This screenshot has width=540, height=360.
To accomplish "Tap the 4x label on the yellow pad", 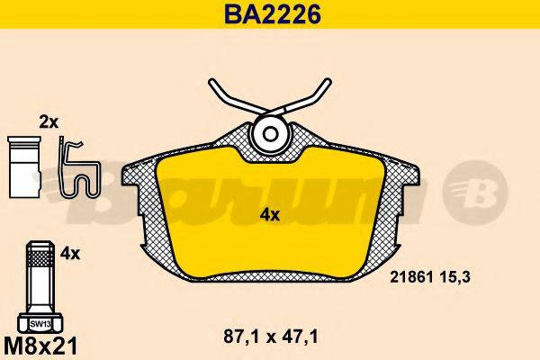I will [269, 214].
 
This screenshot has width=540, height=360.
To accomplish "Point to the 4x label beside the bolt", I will [69, 255].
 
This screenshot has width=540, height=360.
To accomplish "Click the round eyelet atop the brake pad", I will [267, 135].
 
